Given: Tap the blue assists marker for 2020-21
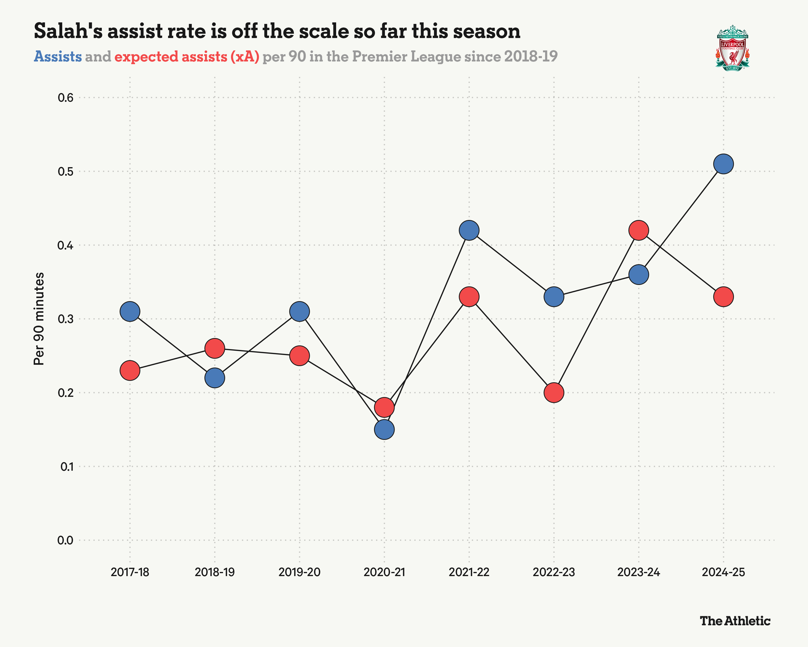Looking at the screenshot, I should tap(384, 429).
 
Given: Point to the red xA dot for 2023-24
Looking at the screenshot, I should tap(639, 230).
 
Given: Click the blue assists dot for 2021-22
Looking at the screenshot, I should tap(469, 230).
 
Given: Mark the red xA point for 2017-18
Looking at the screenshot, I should tap(130, 371).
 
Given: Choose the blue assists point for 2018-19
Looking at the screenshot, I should tap(215, 378).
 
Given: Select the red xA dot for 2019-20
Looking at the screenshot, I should tap(299, 356).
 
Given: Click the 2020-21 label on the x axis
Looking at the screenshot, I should tap(384, 572).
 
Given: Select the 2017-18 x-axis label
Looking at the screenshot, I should tap(130, 572).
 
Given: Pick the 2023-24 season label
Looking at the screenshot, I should tap(639, 572).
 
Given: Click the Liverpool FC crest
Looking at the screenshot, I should tap(732, 48).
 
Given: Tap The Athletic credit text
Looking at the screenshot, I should tap(735, 621).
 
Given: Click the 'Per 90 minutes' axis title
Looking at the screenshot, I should tap(39, 319).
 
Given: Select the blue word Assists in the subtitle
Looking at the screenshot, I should tap(58, 57).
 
